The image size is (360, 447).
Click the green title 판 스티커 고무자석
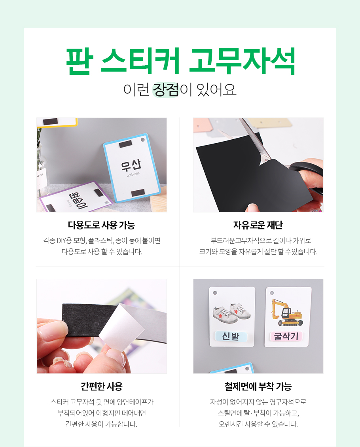180,61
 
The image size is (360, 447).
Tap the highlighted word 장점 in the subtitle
166,89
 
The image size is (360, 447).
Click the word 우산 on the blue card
131,165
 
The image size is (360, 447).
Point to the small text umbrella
133,174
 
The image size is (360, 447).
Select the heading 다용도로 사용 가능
102,225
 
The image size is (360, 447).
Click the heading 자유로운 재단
258,225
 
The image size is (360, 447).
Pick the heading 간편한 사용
102,386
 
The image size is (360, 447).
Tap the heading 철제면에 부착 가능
258,386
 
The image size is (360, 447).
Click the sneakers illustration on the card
232,313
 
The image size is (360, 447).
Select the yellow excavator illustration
286,313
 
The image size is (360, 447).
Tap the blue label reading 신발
231,336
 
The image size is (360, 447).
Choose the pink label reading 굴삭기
286,336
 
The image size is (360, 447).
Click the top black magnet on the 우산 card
125,144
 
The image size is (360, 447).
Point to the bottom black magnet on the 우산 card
138,193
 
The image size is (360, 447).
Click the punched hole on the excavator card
272,293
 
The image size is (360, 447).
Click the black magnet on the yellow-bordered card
51,122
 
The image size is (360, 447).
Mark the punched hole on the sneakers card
215,293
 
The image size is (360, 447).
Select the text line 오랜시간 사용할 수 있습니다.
258,424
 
